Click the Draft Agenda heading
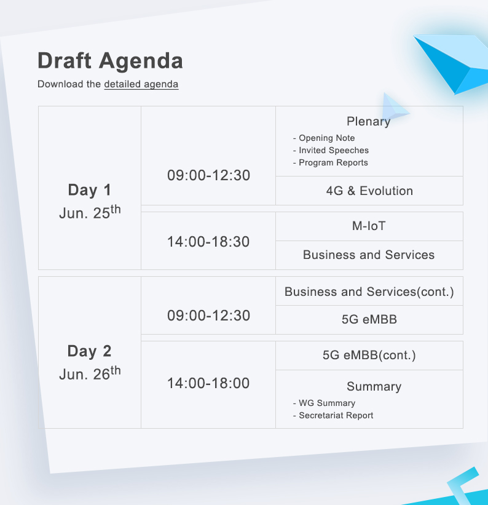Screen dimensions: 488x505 pos(110,60)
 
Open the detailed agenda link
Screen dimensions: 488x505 pos(141,84)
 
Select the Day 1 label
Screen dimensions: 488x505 pos(90,189)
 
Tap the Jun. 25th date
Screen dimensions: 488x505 pos(90,212)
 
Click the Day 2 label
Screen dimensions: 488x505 pos(90,351)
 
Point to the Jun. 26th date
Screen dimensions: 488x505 pos(90,373)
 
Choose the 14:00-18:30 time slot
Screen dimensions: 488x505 pos(208,242)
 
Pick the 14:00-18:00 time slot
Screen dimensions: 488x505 pos(208,383)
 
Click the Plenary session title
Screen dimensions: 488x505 pos(369,121)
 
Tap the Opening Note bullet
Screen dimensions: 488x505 pos(324,138)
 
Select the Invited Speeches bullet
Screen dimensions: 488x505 pos(331,151)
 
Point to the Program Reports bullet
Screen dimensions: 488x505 pos(330,162)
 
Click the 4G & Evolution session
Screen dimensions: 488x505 pos(369,191)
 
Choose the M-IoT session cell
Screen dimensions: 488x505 pos(369,226)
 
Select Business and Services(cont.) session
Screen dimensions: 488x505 pos(369,292)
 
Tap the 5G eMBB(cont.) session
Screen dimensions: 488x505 pos(369,355)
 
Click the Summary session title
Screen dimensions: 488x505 pos(374,386)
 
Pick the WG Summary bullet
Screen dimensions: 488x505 pos(324,404)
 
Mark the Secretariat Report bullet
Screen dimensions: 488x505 pos(333,415)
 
